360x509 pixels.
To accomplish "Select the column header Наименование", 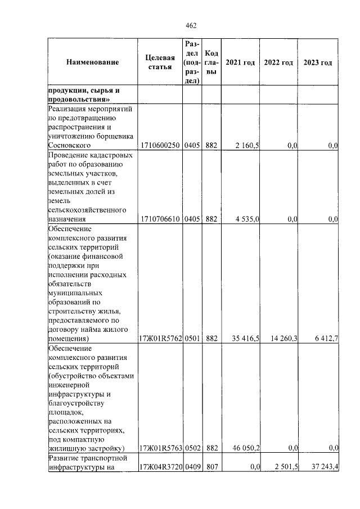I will point(92,62).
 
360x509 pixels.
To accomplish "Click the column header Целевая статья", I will point(160,62).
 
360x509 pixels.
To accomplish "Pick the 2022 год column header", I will point(278,62).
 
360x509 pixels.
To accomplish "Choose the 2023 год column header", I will point(318,62).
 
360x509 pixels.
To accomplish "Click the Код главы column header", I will point(211,62).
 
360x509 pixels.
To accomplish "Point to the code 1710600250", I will point(160,146).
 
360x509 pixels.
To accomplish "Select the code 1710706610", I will point(160,219).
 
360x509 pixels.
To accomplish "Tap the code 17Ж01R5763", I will point(160,448).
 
